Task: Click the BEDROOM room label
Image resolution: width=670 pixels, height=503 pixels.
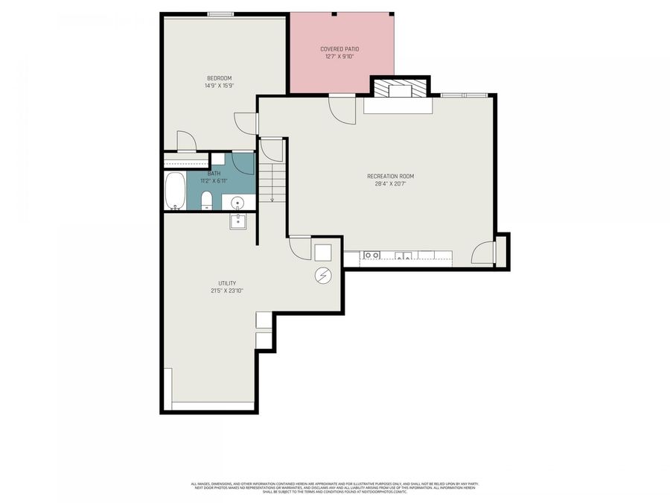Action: (x=220, y=78)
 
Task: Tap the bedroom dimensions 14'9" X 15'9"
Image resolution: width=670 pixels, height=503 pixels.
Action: (x=220, y=86)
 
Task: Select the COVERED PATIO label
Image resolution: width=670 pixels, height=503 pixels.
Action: (x=339, y=49)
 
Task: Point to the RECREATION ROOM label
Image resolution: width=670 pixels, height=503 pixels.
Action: (x=390, y=177)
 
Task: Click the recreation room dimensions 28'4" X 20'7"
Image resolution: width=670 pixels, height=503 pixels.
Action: (x=390, y=184)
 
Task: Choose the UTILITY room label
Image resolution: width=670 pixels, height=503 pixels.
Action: (x=227, y=283)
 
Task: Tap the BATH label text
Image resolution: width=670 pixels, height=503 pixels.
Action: (x=214, y=174)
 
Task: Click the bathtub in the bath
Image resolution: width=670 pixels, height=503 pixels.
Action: (x=176, y=191)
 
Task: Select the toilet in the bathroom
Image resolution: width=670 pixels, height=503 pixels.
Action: (x=207, y=200)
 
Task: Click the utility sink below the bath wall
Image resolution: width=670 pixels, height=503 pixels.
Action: (x=238, y=221)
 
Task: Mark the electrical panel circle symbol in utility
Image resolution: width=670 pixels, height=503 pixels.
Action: (x=323, y=276)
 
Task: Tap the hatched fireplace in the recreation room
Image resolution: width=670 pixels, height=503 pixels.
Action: (x=383, y=90)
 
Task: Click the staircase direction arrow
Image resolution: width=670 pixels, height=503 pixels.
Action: (x=272, y=197)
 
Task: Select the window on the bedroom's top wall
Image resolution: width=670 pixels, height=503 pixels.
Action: (x=220, y=13)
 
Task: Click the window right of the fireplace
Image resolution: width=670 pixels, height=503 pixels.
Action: (x=464, y=95)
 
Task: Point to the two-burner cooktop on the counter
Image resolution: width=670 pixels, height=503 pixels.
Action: (x=371, y=256)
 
